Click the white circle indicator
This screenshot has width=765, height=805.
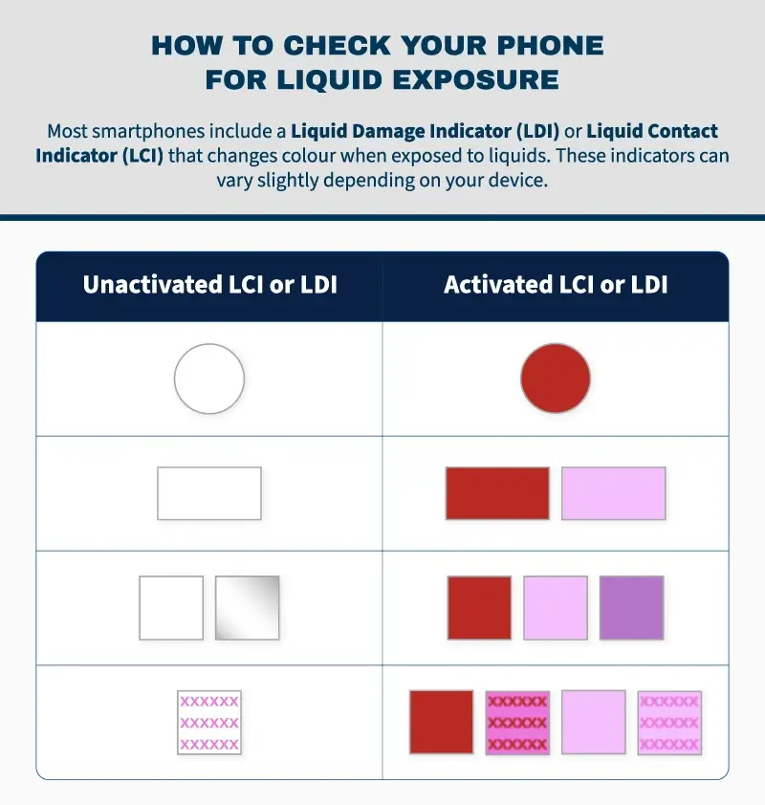209,379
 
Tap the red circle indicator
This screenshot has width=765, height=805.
556,379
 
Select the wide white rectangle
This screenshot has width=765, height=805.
209,493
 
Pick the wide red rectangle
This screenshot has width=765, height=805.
497,493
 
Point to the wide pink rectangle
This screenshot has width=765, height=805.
613,493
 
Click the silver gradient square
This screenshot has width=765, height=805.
248,607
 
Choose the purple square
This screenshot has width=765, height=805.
631,607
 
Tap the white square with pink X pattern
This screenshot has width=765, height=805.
209,722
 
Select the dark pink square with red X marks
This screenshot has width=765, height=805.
517,722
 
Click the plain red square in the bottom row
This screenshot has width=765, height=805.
441,722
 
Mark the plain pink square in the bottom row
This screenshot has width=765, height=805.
594,722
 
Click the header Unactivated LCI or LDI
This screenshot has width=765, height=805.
209,285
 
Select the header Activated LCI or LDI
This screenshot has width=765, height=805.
556,285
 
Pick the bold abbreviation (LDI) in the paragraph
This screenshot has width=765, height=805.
538,131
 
